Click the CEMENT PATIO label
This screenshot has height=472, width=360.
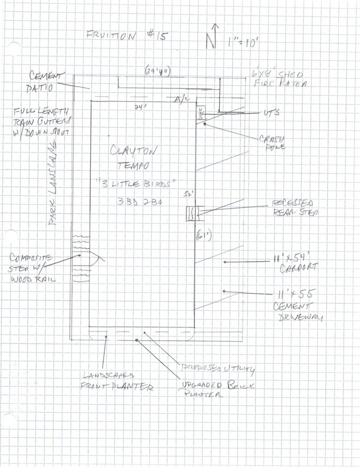tap(47, 80)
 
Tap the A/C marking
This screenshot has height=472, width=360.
tap(179, 100)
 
